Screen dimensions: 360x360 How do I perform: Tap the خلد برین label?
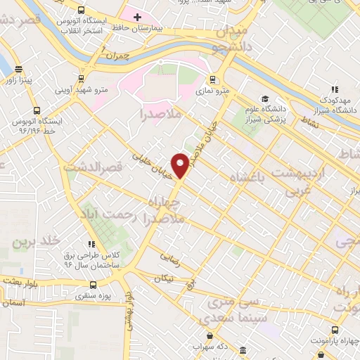tap(34, 242)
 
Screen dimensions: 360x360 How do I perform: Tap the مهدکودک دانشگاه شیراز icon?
tap(335, 89)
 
